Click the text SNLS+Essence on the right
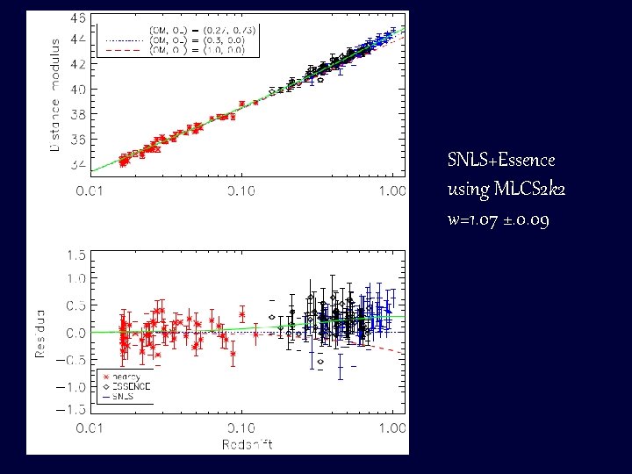click(x=501, y=160)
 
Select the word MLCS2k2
click(x=521, y=189)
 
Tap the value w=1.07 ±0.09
click(x=499, y=220)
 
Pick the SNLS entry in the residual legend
click(x=125, y=397)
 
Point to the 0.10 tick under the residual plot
click(x=241, y=427)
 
